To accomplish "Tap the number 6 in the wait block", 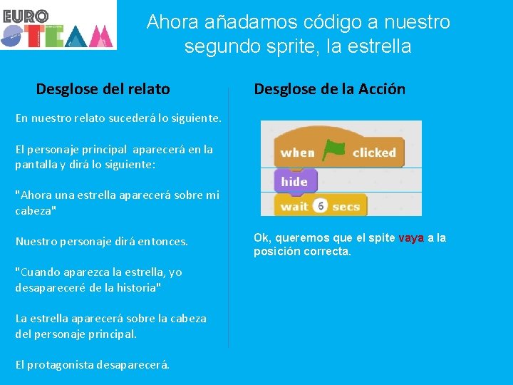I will coord(321,206).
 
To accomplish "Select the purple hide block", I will coord(294,181).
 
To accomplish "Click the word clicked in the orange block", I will coord(374,153).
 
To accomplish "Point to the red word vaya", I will coord(411,238).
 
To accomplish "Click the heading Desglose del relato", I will coord(103,89).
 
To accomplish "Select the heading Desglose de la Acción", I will coord(330,89).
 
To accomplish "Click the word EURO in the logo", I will coord(26,15).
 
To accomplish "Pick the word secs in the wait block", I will coord(346,207).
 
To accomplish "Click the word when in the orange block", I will coord(297,153).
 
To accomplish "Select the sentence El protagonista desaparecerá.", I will coord(93,364).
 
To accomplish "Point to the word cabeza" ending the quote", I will coord(36,211).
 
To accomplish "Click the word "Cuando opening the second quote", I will coord(41,272).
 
